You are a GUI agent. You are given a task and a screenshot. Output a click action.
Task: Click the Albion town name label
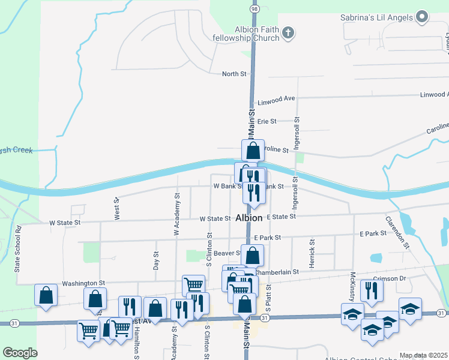click(249, 218)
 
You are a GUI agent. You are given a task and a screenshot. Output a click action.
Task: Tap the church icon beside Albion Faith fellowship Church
click(288, 32)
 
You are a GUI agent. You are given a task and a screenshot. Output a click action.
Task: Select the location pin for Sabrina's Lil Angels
click(422, 17)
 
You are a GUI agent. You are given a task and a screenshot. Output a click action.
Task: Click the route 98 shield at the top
click(254, 10)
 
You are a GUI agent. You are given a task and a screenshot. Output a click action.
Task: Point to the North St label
click(234, 74)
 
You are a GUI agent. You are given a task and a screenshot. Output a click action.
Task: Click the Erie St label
click(266, 121)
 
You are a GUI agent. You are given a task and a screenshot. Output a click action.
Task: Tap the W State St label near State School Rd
click(65, 223)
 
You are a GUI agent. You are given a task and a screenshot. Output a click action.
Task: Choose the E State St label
click(282, 217)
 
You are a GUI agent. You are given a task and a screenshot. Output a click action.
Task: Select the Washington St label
click(83, 283)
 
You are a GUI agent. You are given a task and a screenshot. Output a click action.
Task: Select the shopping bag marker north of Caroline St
click(253, 150)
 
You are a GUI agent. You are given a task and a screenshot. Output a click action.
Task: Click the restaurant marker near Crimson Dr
click(372, 290)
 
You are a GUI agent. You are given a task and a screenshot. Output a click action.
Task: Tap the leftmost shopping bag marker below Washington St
click(46, 295)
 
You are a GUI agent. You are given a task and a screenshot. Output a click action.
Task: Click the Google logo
click(20, 353)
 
